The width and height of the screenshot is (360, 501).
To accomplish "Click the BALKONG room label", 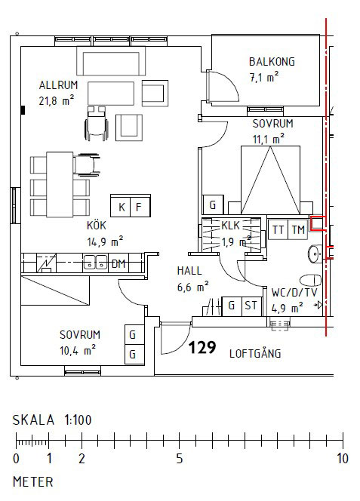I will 272,62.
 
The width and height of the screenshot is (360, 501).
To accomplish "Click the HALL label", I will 189,270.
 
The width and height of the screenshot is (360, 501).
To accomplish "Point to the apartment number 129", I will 202,348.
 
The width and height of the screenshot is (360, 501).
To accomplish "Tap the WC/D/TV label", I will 294,291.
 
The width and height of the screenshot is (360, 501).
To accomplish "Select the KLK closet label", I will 230,226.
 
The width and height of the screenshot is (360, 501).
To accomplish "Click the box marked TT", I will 278,229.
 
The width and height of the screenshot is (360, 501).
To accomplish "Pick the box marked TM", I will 298,229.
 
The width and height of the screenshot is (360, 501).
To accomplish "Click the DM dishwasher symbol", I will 118,263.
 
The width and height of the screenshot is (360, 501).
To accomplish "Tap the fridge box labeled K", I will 121,206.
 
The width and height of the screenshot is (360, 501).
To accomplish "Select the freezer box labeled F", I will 139,206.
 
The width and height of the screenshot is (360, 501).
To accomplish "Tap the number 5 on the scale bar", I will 179,459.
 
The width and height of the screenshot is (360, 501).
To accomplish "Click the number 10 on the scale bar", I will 342,459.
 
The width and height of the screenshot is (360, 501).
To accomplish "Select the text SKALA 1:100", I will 51,420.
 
